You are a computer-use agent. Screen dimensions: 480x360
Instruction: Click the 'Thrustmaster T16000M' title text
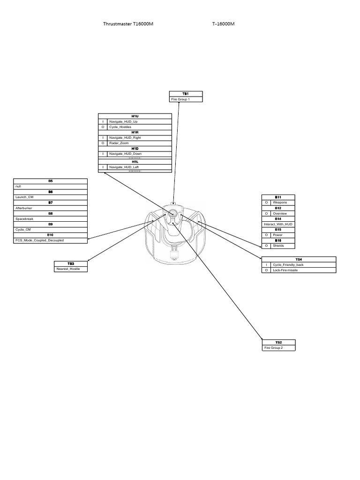[x=128, y=24]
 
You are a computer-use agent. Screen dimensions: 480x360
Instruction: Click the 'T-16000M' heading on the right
[x=223, y=24]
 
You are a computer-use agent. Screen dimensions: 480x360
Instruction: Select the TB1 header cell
[x=186, y=94]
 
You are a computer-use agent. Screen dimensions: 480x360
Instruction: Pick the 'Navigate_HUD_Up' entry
[x=123, y=121]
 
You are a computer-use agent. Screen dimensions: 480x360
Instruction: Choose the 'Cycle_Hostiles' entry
[x=120, y=127]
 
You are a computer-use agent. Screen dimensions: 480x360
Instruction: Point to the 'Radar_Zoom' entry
[x=119, y=143]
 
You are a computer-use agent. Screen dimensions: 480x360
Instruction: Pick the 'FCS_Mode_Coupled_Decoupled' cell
[x=39, y=240]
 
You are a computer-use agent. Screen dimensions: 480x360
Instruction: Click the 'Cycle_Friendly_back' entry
[x=288, y=265]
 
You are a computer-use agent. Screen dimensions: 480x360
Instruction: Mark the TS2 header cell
[x=278, y=342]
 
